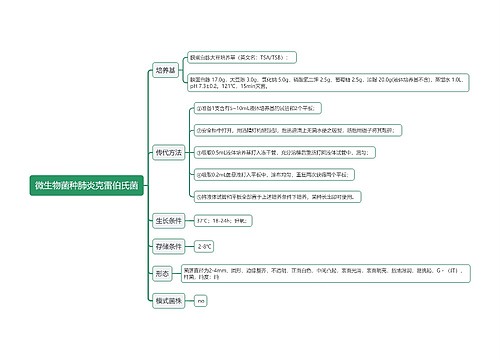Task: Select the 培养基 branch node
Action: click(x=166, y=70)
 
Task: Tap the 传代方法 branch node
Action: click(x=168, y=152)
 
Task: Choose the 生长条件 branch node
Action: click(x=168, y=219)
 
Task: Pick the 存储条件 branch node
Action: click(x=168, y=245)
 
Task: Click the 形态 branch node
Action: click(x=163, y=272)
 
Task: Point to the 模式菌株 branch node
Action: click(x=168, y=299)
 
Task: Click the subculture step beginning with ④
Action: click(x=270, y=174)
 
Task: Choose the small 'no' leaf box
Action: click(x=201, y=300)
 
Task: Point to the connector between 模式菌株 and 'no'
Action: click(x=190, y=300)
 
